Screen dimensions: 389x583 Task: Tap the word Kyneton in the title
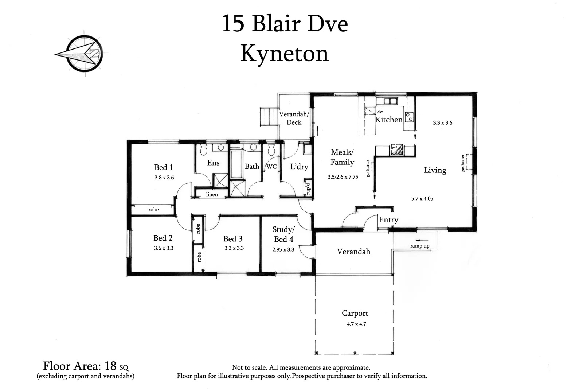pyautogui.click(x=285, y=53)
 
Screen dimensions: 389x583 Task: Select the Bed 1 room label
pyautogui.click(x=164, y=167)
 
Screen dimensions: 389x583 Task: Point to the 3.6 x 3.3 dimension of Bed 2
pyautogui.click(x=164, y=248)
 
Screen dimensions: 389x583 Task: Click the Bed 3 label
pyautogui.click(x=233, y=239)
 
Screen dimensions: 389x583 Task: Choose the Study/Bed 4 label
pyautogui.click(x=283, y=234)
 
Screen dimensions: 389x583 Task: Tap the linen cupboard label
pyautogui.click(x=212, y=194)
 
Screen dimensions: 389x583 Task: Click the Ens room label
pyautogui.click(x=213, y=163)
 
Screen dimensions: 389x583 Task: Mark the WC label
pyautogui.click(x=271, y=167)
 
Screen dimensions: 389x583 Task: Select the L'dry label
pyautogui.click(x=299, y=167)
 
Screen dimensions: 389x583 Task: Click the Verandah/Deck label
pyautogui.click(x=294, y=118)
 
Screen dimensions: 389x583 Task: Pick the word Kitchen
pyautogui.click(x=389, y=120)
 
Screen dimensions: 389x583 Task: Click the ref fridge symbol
pyautogui.click(x=397, y=150)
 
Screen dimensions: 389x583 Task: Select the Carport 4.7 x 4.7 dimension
pyautogui.click(x=356, y=324)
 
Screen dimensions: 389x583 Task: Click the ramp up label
pyautogui.click(x=420, y=246)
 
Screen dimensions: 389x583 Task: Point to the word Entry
pyautogui.click(x=388, y=220)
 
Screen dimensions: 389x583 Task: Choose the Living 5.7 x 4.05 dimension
pyautogui.click(x=422, y=199)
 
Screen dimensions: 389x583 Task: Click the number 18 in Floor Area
pyautogui.click(x=110, y=365)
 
